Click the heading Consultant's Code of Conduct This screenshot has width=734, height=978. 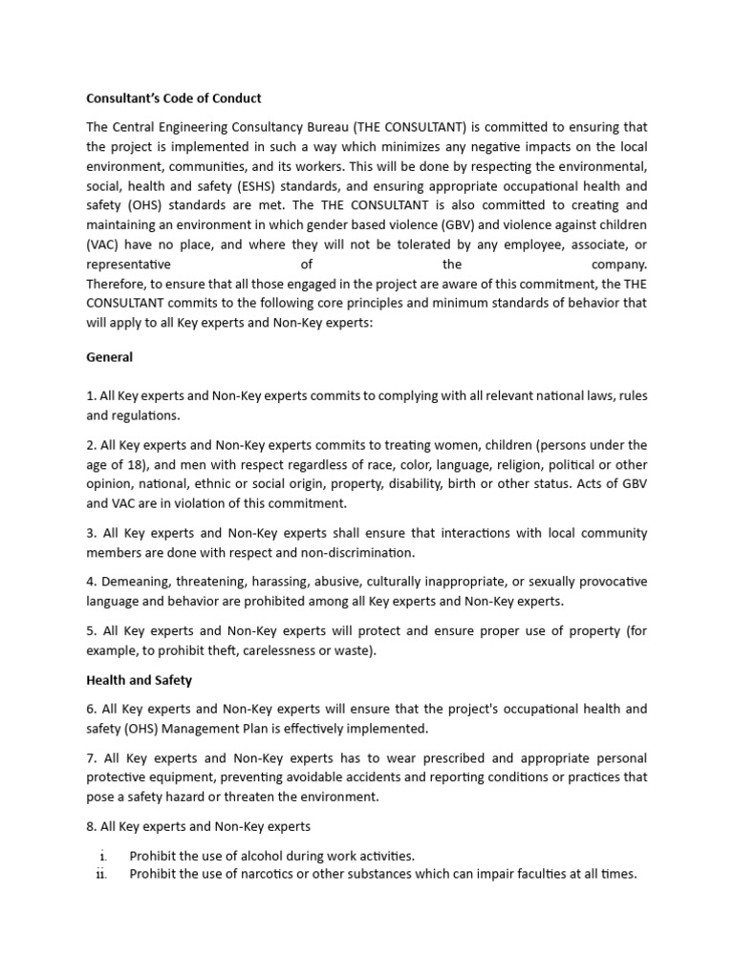point(173,98)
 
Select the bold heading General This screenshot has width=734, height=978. point(110,357)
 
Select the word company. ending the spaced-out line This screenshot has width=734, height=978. point(619,265)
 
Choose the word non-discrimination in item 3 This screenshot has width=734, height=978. point(357,552)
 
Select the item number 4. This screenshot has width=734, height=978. point(90,582)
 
